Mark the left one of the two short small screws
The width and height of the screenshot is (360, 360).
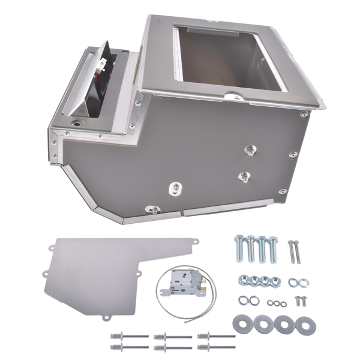296,301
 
